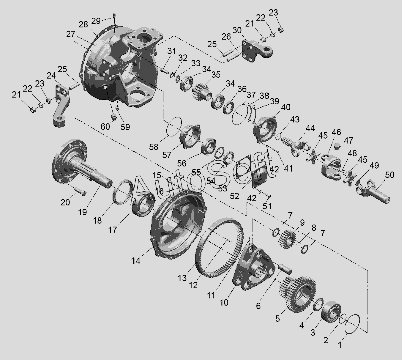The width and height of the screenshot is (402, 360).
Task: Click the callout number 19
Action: coord(82,212)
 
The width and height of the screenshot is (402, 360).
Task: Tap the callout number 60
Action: coord(105,126)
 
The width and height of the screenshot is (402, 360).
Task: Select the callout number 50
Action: coord(389,175)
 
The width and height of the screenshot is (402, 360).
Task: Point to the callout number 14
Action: coord(136,261)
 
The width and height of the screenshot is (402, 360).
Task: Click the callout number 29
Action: coord(96,21)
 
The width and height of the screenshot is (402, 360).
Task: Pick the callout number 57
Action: coord(167,155)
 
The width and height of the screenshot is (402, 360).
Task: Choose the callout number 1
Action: coord(340,345)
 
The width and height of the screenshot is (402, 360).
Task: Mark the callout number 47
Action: coord(348,140)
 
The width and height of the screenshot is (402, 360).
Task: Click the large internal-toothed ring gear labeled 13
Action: coord(219,247)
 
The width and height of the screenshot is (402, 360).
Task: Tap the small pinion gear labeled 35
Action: coord(201,90)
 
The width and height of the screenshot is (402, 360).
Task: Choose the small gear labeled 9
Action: coord(287,239)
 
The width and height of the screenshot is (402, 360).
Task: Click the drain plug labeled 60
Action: coord(113,118)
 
